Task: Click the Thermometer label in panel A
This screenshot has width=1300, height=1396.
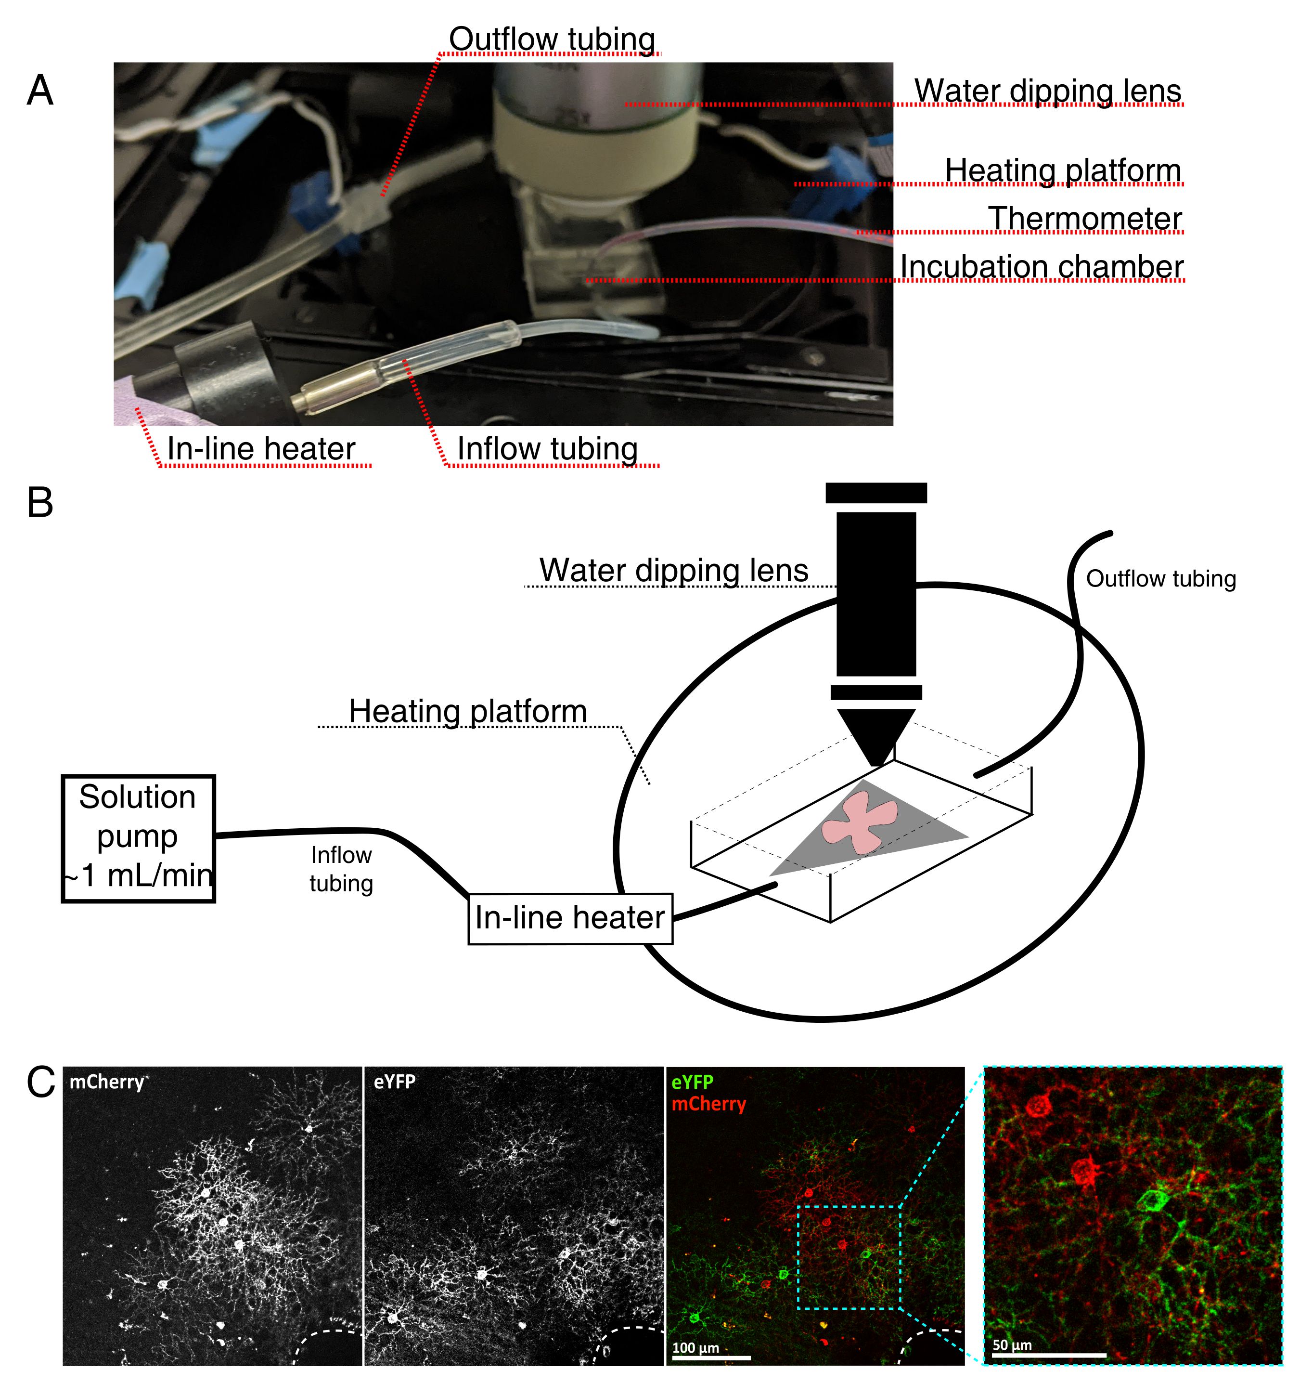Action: [1084, 219]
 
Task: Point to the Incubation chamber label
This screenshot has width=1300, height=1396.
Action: [1041, 267]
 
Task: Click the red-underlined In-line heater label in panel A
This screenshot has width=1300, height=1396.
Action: [261, 449]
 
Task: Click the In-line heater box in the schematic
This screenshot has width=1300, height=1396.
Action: [569, 918]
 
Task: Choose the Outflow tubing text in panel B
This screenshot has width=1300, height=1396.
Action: [1160, 579]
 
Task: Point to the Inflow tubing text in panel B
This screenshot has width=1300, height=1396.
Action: [341, 869]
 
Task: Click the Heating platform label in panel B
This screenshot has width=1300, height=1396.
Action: [467, 711]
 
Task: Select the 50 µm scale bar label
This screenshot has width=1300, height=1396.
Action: [1012, 1345]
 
